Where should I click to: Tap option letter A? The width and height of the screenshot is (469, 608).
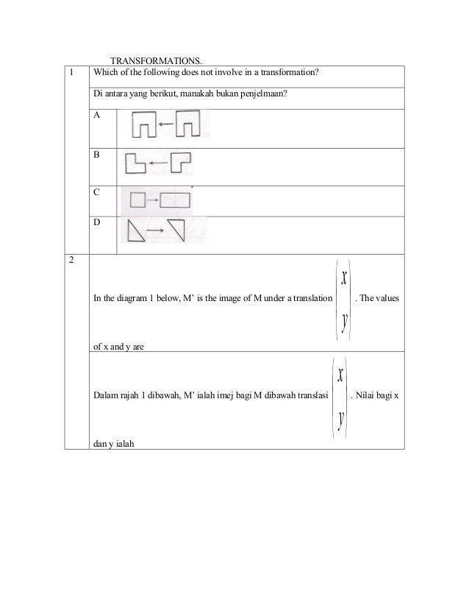[x=99, y=116]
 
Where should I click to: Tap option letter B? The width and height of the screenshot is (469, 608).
[x=99, y=155]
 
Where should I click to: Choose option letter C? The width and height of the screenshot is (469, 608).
[x=99, y=192]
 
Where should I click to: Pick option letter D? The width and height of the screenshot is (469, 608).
[x=99, y=222]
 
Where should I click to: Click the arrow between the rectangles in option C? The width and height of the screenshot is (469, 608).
[x=152, y=199]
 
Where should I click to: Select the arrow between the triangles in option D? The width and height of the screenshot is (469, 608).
[x=155, y=231]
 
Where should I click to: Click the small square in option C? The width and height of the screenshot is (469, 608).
[x=137, y=199]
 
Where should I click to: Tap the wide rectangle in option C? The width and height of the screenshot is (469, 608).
[x=175, y=199]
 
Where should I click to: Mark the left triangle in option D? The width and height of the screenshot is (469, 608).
[x=137, y=233]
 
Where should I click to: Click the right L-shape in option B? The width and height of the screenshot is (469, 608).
[x=179, y=162]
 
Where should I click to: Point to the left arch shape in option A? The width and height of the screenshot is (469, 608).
[x=145, y=125]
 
